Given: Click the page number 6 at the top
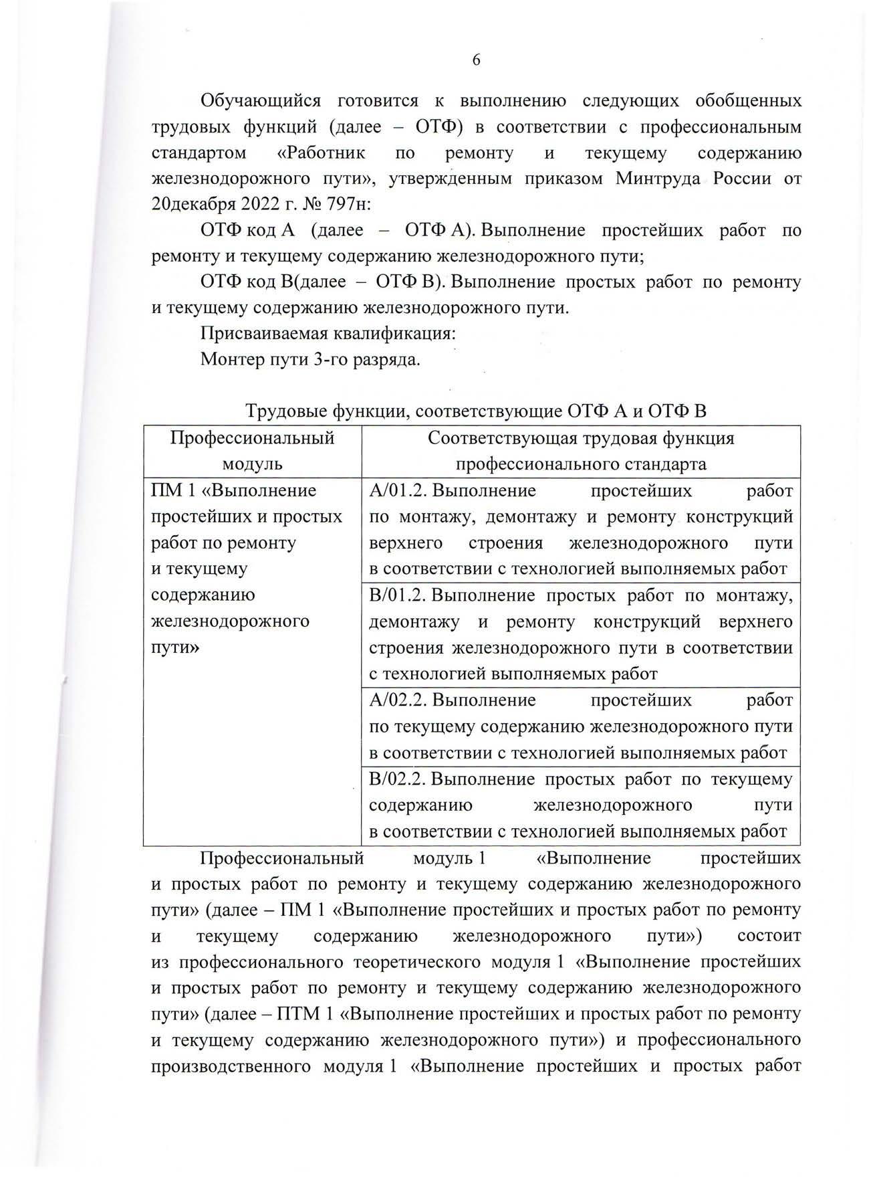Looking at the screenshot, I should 476,60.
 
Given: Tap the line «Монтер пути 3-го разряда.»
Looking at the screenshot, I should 310,360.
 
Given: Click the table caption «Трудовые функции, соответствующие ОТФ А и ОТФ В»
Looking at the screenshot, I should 476,411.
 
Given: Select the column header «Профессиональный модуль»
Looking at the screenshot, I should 252,451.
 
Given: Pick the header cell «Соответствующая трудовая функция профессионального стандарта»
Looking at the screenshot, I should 580,451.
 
